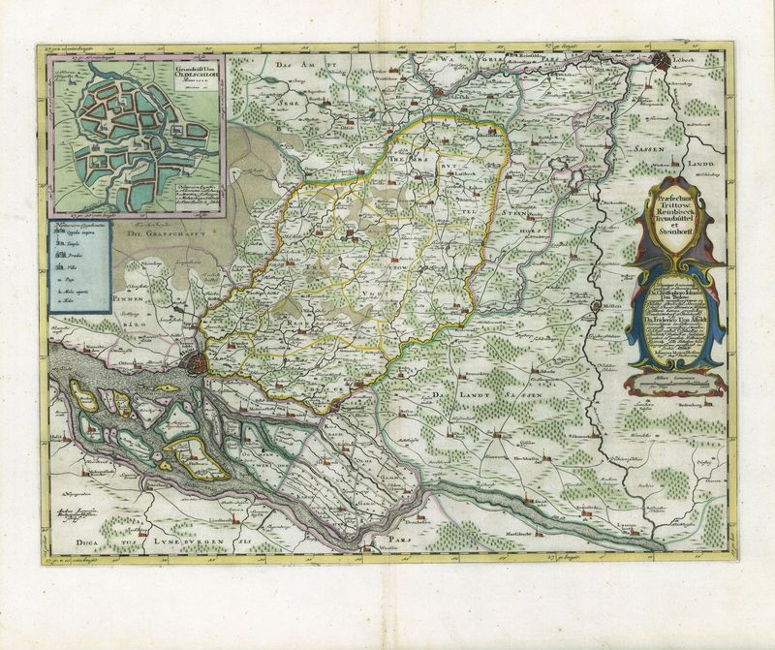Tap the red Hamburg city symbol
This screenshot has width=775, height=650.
tap(195, 364)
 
